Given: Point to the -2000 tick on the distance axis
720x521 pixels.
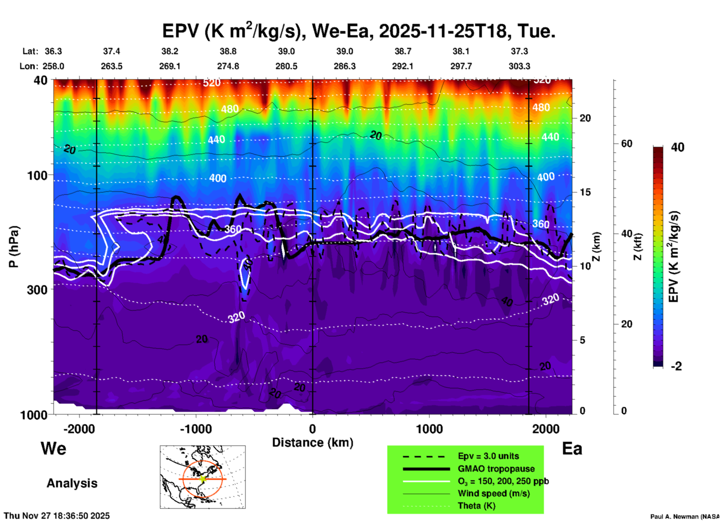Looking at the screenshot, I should pyautogui.click(x=79, y=429).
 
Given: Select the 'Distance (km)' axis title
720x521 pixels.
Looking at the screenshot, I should pyautogui.click(x=313, y=443).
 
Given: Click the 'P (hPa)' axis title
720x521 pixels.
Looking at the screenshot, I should pyautogui.click(x=14, y=247).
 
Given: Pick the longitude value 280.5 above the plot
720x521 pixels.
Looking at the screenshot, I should pyautogui.click(x=286, y=66).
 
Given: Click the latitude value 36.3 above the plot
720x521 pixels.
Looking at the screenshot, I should pyautogui.click(x=53, y=51).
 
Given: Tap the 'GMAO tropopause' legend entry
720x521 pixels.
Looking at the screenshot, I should pyautogui.click(x=496, y=469).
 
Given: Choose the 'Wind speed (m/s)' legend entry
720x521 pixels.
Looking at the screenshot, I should pyautogui.click(x=493, y=493).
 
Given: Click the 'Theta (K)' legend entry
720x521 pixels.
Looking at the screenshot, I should pyautogui.click(x=476, y=506).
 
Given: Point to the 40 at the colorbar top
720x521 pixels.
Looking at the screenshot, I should pyautogui.click(x=677, y=147).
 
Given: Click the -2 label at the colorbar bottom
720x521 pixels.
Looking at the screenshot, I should pyautogui.click(x=676, y=366).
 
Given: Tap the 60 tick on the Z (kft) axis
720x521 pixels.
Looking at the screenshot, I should pyautogui.click(x=627, y=144).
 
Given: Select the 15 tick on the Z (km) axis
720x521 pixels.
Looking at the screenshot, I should pyautogui.click(x=585, y=192).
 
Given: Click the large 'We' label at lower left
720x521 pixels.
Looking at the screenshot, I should pyautogui.click(x=53, y=448).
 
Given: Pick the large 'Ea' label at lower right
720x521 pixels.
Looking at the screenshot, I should pyautogui.click(x=572, y=448).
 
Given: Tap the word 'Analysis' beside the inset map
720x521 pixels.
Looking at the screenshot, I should pyautogui.click(x=72, y=483).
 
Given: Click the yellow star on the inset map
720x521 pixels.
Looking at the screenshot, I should pyautogui.click(x=203, y=479).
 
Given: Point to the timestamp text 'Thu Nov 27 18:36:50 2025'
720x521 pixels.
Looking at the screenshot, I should pyautogui.click(x=57, y=516).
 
